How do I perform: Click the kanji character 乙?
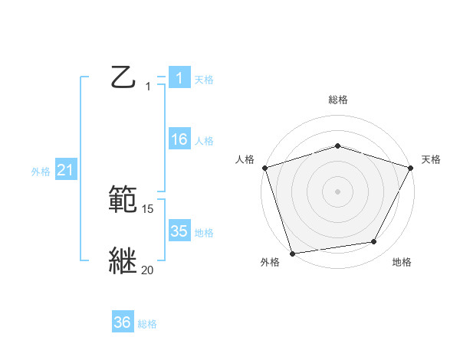point(124,77)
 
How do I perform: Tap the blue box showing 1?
point(179,78)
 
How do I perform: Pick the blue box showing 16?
point(179,139)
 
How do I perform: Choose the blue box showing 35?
point(179,231)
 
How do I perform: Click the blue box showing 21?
point(65,171)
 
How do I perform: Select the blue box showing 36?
point(123,322)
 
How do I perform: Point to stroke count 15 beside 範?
point(148,208)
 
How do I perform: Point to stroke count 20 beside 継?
point(148,270)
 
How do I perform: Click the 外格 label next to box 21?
point(41,172)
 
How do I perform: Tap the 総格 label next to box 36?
point(147,324)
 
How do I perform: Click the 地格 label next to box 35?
point(204,233)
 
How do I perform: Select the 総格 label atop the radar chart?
point(338,100)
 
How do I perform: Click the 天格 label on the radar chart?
point(432,159)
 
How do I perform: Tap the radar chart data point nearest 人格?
point(264,167)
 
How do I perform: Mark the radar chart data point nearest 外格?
point(293,253)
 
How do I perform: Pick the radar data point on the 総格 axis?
point(338,146)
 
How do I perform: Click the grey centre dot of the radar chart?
point(338,191)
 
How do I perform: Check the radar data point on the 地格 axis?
point(374,241)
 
